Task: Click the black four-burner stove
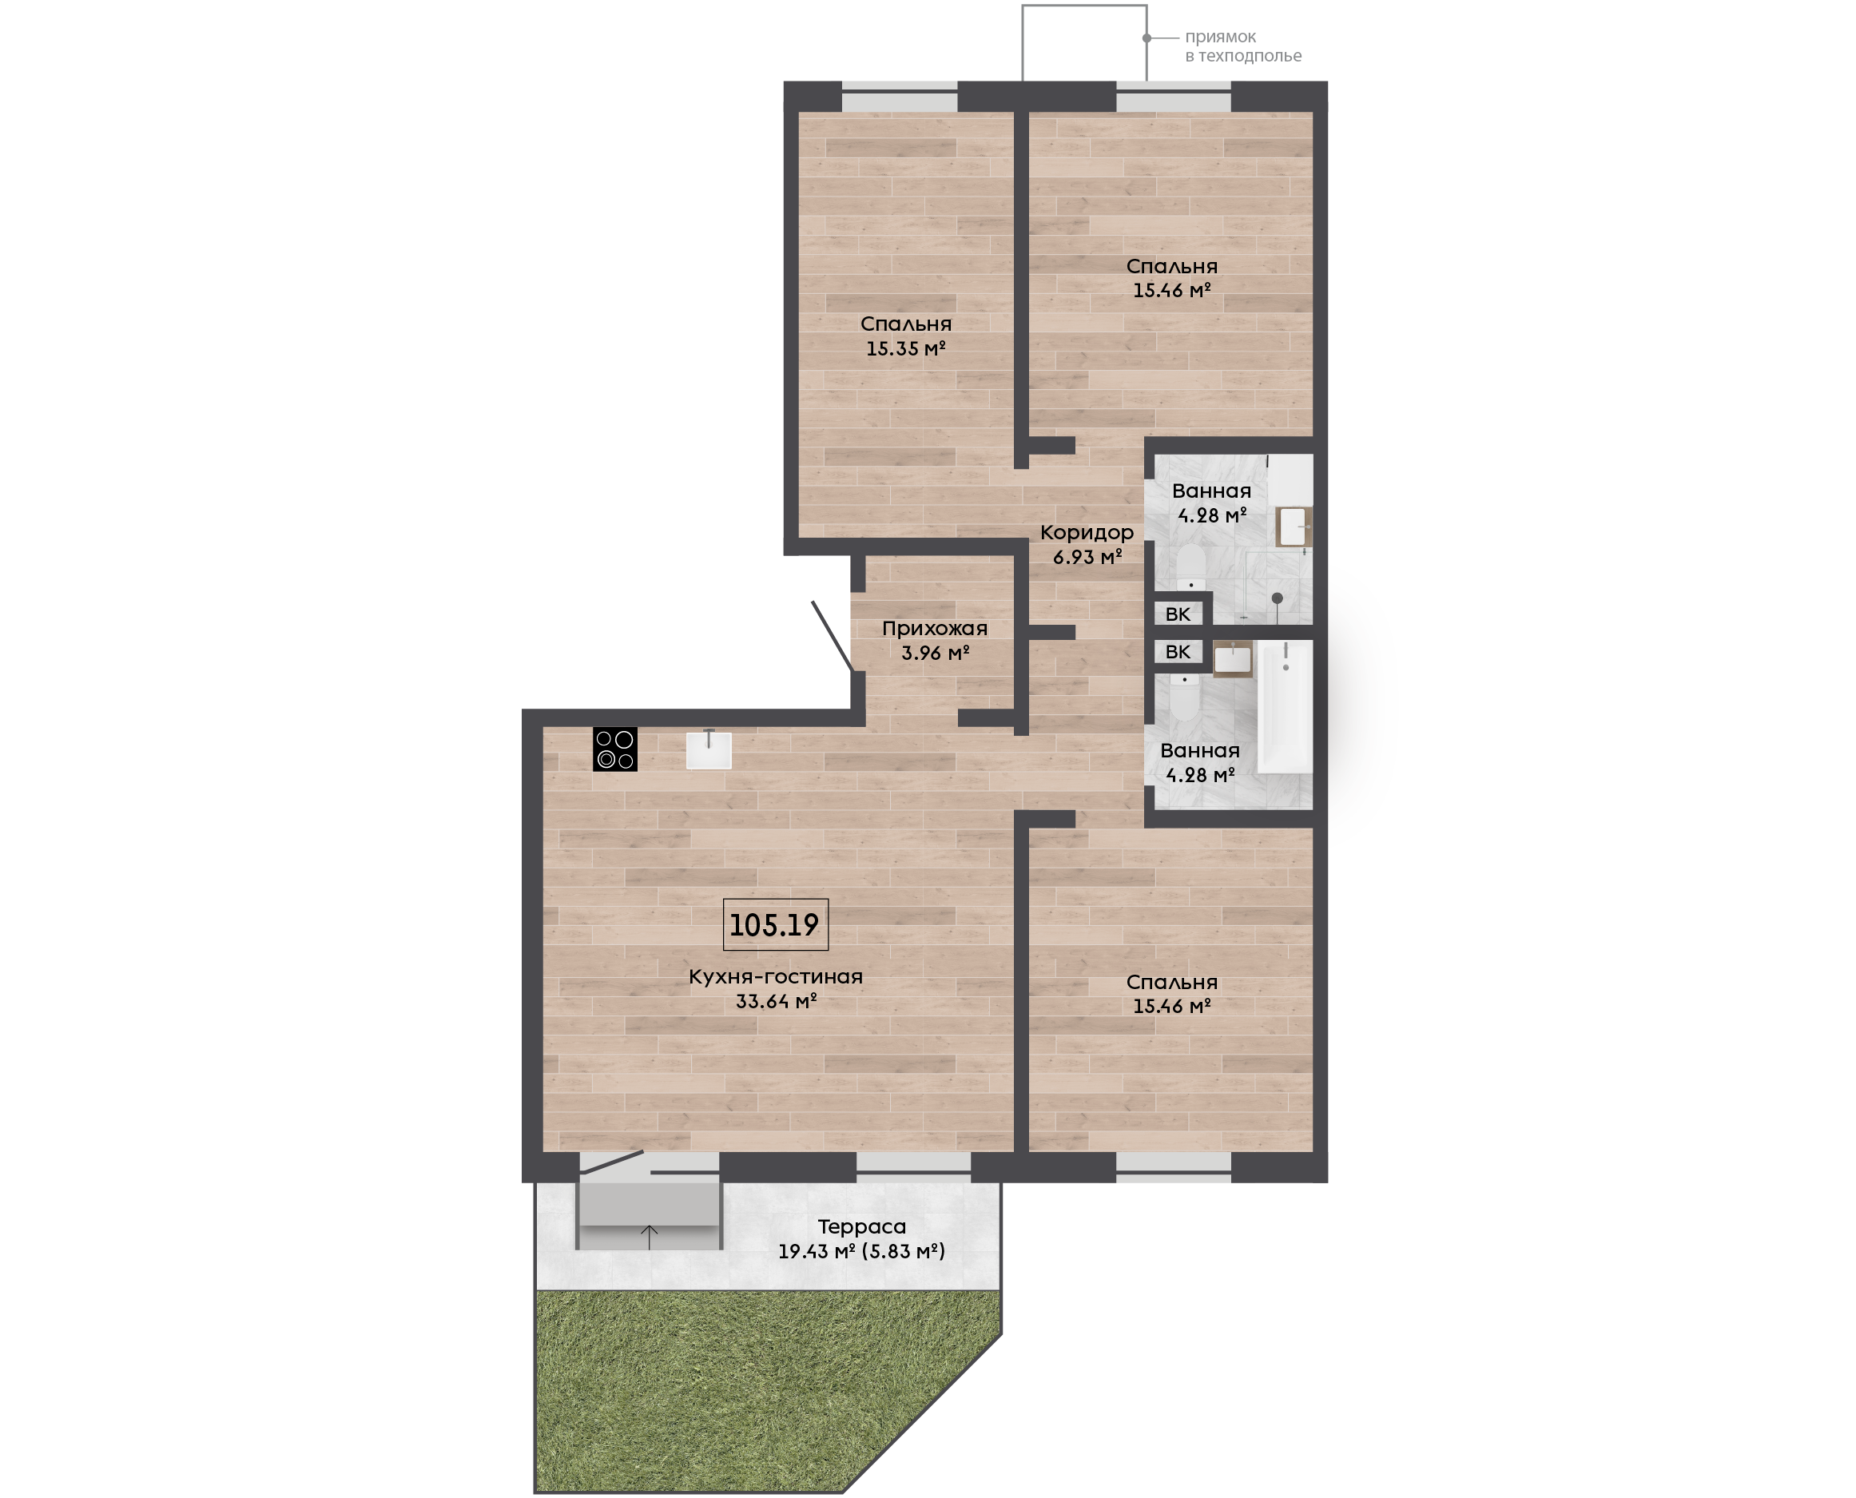(x=615, y=749)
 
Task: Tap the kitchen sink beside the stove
(x=709, y=749)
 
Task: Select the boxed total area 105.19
(x=775, y=925)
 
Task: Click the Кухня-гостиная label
(x=776, y=977)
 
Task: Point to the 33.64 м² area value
(x=776, y=1001)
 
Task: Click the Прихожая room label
(x=935, y=628)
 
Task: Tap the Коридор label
(x=1087, y=532)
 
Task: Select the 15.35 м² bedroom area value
(x=906, y=348)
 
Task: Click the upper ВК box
(x=1178, y=614)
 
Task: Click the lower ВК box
(x=1178, y=651)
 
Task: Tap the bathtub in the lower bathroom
(x=1286, y=705)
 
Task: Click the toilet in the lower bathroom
(x=1185, y=698)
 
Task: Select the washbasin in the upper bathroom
(x=1293, y=526)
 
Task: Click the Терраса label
(x=862, y=1226)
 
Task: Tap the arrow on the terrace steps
(x=650, y=1237)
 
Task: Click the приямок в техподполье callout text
(x=1242, y=46)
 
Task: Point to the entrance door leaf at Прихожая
(x=833, y=636)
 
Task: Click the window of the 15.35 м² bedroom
(x=899, y=97)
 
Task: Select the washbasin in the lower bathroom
(x=1232, y=659)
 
